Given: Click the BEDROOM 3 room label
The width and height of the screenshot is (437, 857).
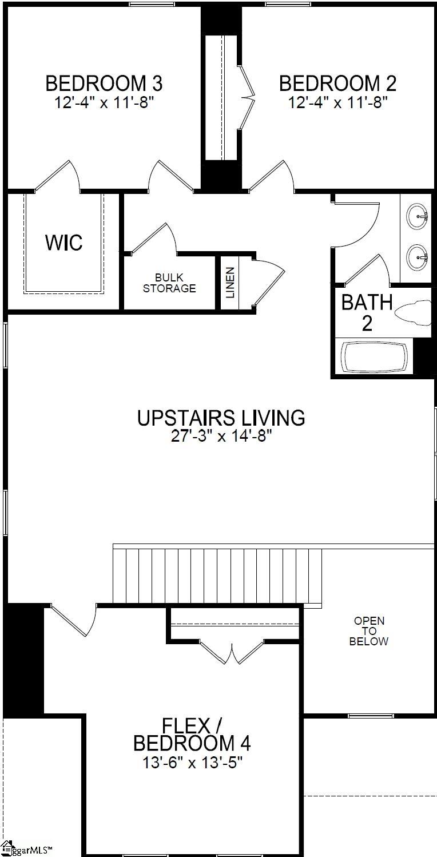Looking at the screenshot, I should (104, 84).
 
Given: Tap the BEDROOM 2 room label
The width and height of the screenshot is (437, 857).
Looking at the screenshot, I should (337, 84).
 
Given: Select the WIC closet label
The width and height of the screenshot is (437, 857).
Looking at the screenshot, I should (63, 243).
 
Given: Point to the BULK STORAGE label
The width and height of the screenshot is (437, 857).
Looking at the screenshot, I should (169, 283).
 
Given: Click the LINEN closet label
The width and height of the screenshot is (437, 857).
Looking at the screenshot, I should (230, 283).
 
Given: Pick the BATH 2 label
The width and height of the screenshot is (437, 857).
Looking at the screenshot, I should (367, 312).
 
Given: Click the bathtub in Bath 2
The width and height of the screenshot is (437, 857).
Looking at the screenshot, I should (376, 357).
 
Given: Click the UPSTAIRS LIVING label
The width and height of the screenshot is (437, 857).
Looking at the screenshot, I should (221, 418).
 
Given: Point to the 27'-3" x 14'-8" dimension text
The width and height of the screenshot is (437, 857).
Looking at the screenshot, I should (221, 437).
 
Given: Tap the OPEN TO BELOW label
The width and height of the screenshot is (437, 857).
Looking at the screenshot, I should (369, 631).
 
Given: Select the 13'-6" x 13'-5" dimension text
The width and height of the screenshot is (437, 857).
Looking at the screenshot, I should (192, 763).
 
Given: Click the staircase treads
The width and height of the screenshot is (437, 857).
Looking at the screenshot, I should (217, 575).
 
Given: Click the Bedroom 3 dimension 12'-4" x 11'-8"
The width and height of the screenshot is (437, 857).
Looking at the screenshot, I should (104, 103).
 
